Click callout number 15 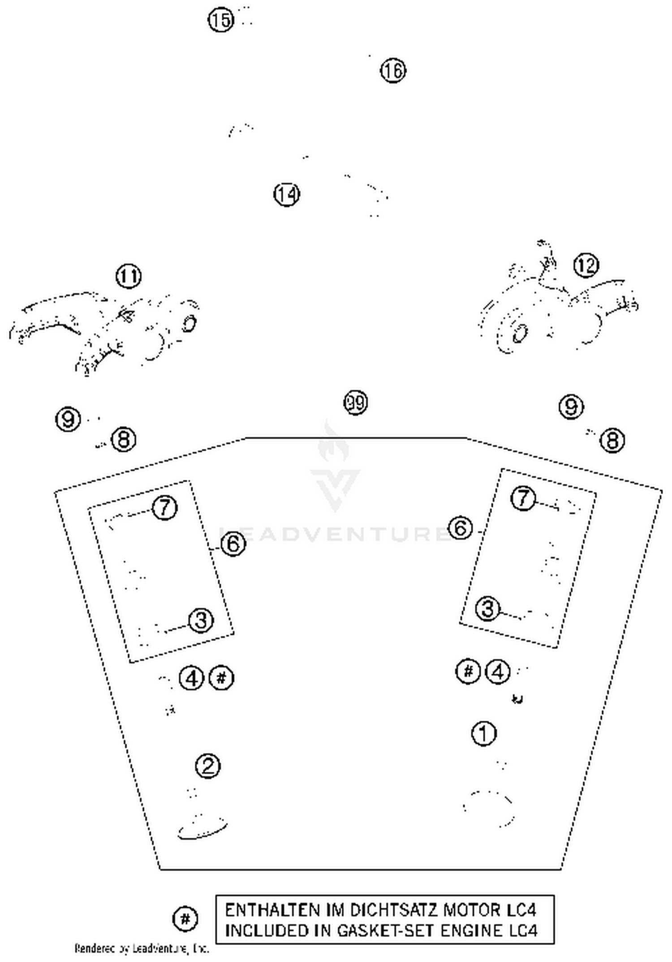pyautogui.click(x=221, y=20)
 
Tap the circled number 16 pyautogui.click(x=393, y=71)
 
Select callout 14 pyautogui.click(x=287, y=194)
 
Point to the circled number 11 pyautogui.click(x=129, y=277)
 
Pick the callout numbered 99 pyautogui.click(x=356, y=402)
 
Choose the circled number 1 pyautogui.click(x=484, y=734)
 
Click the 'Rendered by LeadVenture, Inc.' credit pyautogui.click(x=142, y=948)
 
